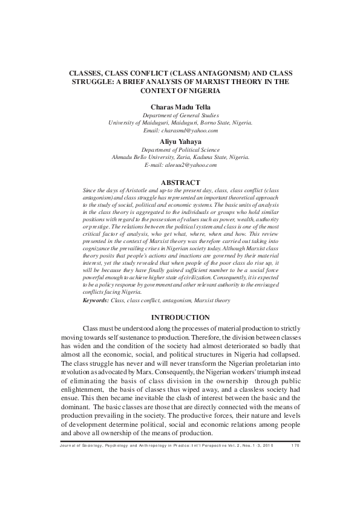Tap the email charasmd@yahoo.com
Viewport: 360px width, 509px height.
tap(189, 130)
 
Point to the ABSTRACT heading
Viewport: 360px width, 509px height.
tap(180, 182)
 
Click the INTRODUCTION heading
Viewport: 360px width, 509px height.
tap(180, 317)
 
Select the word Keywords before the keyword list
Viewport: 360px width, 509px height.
tap(96, 300)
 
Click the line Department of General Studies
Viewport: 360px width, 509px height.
tap(180, 114)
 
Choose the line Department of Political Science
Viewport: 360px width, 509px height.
tap(180, 149)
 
